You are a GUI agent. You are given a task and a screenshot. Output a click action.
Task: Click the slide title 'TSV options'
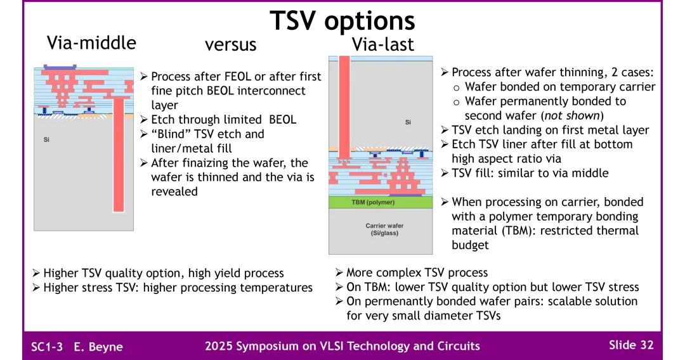342,20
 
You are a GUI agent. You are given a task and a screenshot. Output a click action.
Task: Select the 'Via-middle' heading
91,42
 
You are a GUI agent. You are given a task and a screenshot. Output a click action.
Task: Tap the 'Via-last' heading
382,44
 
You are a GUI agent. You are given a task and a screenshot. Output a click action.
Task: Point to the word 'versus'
231,44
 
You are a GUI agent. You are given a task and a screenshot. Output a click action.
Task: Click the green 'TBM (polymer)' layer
373,202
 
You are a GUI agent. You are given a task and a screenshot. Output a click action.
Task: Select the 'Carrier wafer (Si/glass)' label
384,229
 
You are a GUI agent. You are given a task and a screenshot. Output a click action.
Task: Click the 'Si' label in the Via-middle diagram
46,139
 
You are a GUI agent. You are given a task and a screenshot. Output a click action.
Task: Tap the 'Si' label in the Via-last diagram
408,122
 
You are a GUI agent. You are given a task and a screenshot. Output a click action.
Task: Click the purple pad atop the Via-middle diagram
60,66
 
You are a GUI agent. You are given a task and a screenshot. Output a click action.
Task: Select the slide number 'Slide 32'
630,345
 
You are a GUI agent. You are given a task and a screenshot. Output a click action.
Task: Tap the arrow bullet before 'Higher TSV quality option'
36,273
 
